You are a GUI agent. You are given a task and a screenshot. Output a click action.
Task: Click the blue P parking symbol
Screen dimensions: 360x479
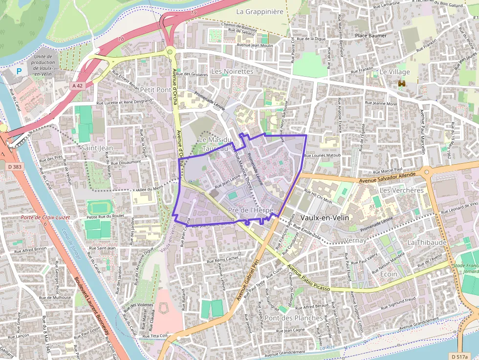(x=19, y=71)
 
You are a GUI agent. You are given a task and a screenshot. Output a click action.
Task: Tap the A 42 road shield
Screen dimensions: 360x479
(x=77, y=86)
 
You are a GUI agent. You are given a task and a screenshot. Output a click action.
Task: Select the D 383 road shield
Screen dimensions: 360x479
(x=15, y=167)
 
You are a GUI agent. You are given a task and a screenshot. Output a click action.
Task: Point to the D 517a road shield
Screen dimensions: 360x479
(x=460, y=356)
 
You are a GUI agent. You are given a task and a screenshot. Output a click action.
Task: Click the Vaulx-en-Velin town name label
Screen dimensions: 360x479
(x=325, y=217)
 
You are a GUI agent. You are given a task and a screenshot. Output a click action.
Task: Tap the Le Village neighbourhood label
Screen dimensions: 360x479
(x=395, y=72)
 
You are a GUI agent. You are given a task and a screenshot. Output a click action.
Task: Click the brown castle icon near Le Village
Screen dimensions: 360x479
(x=403, y=84)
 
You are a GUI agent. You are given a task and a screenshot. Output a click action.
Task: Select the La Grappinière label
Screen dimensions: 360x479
(x=260, y=11)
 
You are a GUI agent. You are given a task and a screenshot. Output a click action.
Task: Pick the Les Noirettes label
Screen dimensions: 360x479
(x=232, y=71)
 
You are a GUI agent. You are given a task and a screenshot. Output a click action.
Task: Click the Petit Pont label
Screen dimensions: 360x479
(x=155, y=90)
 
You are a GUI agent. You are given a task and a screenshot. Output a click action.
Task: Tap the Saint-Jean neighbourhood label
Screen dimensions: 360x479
(x=97, y=148)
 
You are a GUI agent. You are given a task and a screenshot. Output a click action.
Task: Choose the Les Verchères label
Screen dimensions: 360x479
(x=401, y=190)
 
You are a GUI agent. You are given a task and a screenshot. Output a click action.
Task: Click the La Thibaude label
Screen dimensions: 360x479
(x=427, y=242)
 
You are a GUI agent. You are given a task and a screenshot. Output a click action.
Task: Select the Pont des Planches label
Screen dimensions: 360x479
(x=294, y=318)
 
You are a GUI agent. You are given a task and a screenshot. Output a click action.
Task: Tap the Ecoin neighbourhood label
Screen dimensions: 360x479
(x=389, y=274)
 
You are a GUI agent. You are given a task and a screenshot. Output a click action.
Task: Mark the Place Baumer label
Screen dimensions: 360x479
(x=370, y=36)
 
